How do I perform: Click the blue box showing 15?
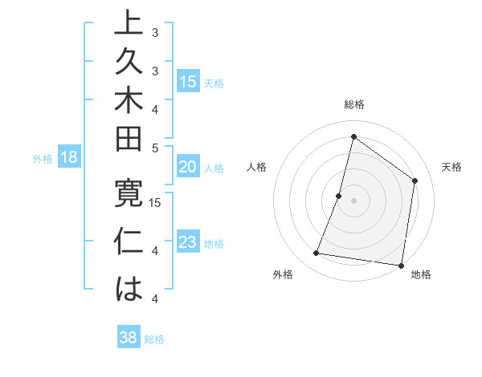(188, 82)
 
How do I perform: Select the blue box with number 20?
(188, 167)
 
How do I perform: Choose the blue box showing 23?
(188, 242)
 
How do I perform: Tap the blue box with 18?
(69, 157)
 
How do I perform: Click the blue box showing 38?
(128, 338)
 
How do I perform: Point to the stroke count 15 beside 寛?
(156, 202)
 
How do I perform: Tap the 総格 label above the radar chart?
(354, 104)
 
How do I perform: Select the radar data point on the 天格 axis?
(415, 180)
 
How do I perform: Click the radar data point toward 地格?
(400, 265)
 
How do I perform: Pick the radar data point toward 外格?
(317, 253)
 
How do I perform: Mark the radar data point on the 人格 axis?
(339, 196)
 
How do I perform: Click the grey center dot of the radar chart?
(353, 201)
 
